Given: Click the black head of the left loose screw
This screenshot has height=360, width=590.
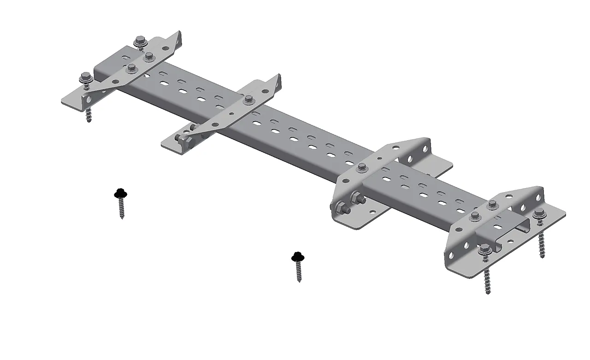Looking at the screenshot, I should [120, 193].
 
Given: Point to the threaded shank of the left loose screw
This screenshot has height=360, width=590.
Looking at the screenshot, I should [122, 209].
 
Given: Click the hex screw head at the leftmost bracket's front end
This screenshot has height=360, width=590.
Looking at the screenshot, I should [85, 77].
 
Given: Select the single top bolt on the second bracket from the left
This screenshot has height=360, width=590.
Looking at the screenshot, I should [249, 99].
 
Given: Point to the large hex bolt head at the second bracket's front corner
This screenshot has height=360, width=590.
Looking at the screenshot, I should [185, 139].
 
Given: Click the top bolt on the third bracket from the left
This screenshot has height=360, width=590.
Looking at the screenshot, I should [362, 166].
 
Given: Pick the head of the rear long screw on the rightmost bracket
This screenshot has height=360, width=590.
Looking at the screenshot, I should [540, 214].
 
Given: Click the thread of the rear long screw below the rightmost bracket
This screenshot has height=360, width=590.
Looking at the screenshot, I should [542, 244].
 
